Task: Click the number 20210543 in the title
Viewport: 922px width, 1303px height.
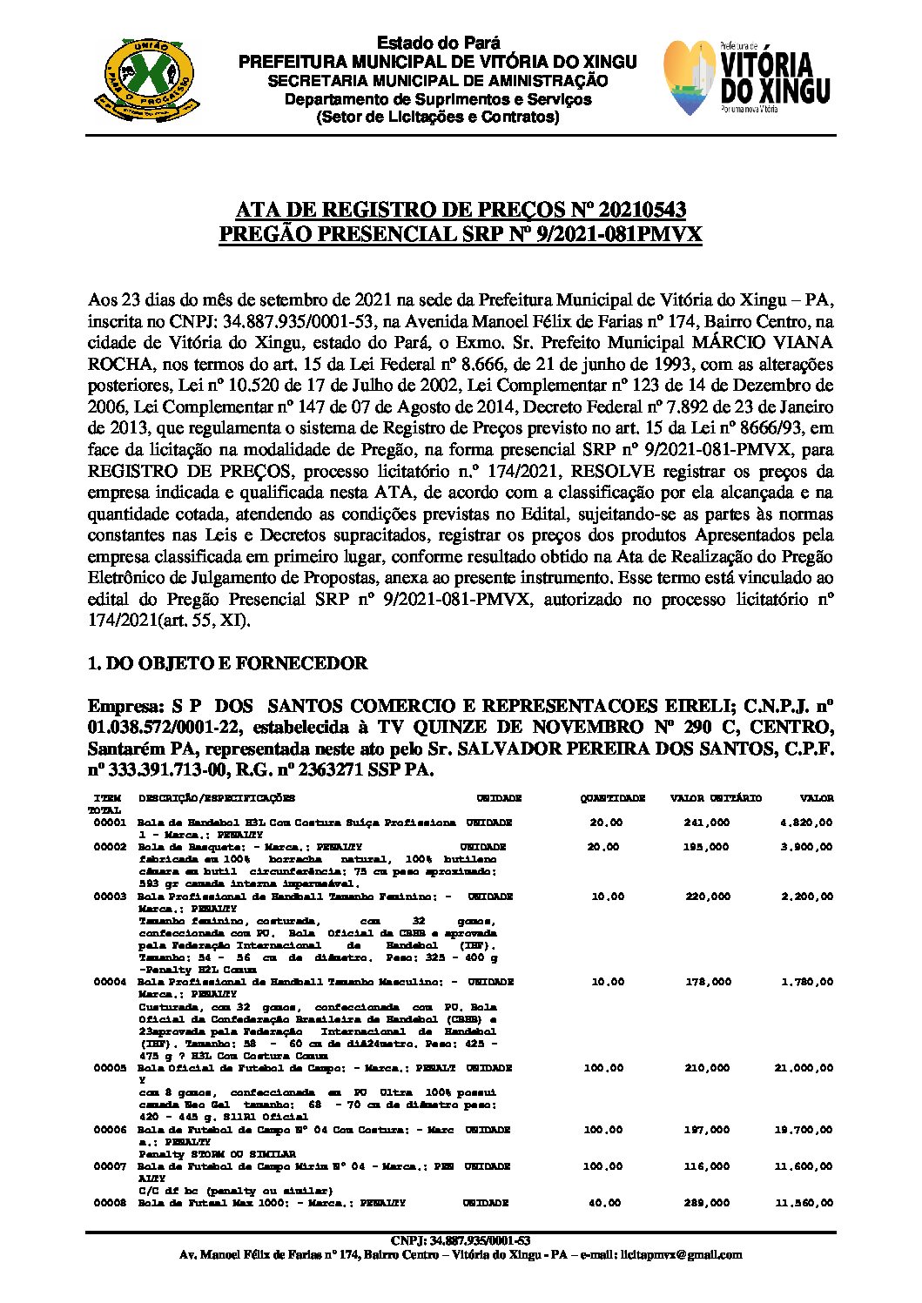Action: point(629,211)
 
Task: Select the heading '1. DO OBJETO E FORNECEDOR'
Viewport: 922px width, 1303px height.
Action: point(228,663)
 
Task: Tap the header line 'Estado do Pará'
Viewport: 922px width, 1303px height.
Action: point(438,44)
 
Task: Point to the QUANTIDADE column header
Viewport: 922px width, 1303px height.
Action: point(613,798)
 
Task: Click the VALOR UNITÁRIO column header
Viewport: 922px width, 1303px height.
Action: point(716,798)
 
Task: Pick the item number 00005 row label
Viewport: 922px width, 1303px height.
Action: point(110,1068)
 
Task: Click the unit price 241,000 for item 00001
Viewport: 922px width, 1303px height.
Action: point(707,823)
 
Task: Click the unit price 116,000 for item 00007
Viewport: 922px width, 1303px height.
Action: point(707,1166)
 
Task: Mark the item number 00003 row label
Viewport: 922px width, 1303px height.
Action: point(110,897)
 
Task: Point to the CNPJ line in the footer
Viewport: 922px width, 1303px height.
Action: point(461,1240)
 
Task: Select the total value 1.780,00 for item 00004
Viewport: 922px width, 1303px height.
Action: point(807,982)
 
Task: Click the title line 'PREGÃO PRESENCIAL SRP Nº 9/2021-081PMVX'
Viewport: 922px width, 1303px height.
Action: point(460,235)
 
